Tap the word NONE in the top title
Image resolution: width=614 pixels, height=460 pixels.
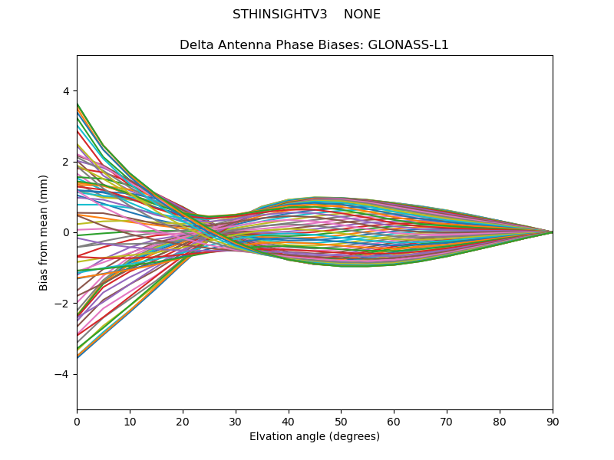[x=362, y=15]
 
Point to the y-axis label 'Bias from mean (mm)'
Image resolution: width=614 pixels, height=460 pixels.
[x=45, y=232]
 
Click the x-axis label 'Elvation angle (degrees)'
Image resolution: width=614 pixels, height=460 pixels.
[x=315, y=436]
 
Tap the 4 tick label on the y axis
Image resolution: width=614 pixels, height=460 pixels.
[x=66, y=91]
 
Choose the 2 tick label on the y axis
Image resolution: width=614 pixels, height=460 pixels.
[x=66, y=162]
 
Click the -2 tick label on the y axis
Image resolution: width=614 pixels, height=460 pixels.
[x=63, y=304]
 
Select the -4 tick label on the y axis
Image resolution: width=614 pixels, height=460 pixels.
[x=63, y=374]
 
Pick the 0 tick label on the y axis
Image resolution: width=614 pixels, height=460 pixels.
[x=66, y=232]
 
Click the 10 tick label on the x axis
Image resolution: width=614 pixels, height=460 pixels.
[x=130, y=420]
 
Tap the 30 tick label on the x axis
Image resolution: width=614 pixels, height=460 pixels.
[x=236, y=420]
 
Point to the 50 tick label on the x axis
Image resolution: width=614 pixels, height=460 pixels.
[x=341, y=420]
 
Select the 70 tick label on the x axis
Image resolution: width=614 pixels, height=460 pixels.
[x=447, y=420]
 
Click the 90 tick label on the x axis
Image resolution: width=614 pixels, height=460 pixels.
[x=553, y=420]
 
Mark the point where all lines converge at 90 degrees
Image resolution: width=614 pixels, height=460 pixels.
[x=552, y=232]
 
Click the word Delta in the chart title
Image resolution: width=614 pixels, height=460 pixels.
[x=196, y=45]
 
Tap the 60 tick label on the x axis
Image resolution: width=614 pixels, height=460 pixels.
[x=394, y=420]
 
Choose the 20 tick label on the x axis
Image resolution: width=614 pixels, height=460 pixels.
[x=183, y=420]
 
